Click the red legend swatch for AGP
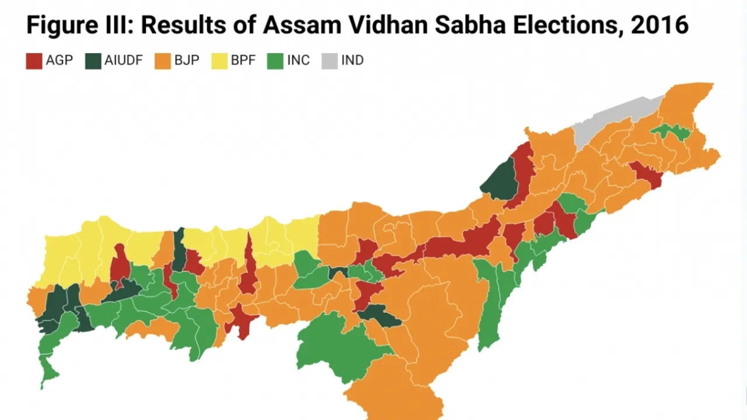click(34, 61)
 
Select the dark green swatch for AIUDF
click(93, 61)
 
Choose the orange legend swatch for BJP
click(163, 61)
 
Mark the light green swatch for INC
click(275, 61)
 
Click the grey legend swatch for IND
click(330, 61)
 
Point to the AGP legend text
click(59, 61)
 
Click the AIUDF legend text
click(124, 61)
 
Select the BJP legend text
click(187, 61)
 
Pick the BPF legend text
click(243, 61)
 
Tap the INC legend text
click(298, 61)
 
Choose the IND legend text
click(352, 61)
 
